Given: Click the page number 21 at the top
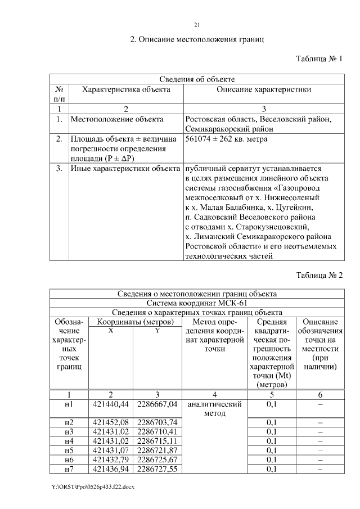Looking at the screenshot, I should tap(197, 25).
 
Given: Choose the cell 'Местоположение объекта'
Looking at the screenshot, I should tap(117, 119).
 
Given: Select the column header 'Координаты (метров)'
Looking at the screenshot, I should tap(134, 322).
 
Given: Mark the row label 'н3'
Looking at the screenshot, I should tap(69, 431).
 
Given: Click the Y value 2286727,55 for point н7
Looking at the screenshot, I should tap(157, 469).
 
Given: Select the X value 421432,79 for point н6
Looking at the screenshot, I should tap(111, 459).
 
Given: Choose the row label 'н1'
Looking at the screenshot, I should tap(69, 404).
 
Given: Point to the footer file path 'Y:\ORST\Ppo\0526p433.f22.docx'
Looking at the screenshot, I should tap(95, 487).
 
